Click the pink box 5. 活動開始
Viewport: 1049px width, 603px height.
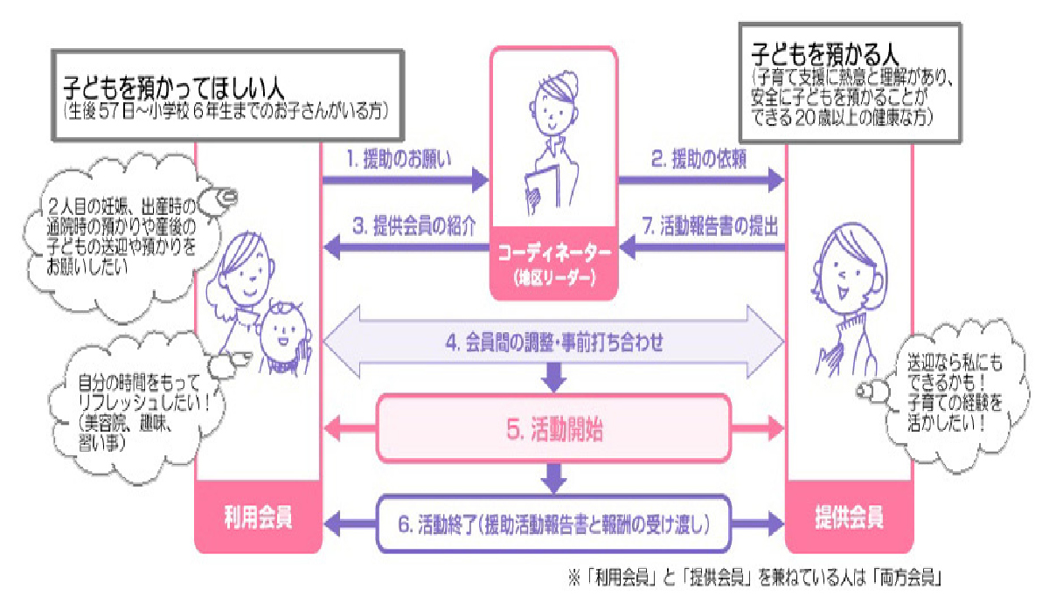coord(553,428)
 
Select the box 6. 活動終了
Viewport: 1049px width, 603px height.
coord(553,524)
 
